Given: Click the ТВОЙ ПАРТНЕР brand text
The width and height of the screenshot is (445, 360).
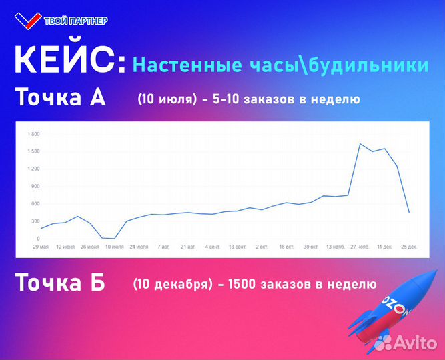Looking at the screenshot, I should tap(75, 21).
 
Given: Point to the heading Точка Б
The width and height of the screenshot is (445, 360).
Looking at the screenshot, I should tap(60, 283).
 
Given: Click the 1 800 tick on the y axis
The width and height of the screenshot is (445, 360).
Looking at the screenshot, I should tap(33, 134).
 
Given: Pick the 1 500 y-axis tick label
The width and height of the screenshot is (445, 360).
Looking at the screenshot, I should tap(33, 151).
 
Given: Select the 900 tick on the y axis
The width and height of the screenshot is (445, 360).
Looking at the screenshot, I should tap(35, 186).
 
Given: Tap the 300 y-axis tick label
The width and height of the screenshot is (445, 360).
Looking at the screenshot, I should tap(35, 221).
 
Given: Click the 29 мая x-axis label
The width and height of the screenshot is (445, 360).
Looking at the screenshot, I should tap(40, 247).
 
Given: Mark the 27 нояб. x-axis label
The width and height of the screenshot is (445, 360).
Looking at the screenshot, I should tap(360, 247).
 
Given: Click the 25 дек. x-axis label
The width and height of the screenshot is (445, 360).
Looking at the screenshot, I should tap(408, 247).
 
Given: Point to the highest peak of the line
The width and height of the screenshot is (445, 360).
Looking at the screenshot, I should tap(360, 143).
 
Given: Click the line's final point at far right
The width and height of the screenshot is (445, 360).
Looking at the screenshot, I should tap(408, 212).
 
